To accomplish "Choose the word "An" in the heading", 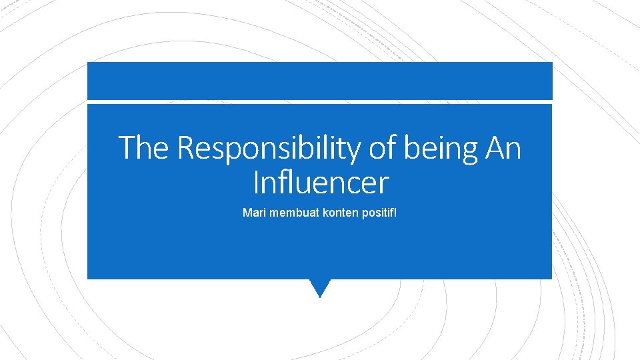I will pyautogui.click(x=503, y=148).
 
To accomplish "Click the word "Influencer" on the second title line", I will pyautogui.click(x=321, y=181).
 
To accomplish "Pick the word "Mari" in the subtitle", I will pyautogui.click(x=253, y=213).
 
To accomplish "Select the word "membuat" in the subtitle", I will pyautogui.click(x=288, y=213).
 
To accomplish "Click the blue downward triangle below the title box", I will pyautogui.click(x=320, y=287).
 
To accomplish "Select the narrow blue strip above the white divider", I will pyautogui.click(x=320, y=81).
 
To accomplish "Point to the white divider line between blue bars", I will pyautogui.click(x=320, y=102).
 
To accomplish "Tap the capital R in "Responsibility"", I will pyautogui.click(x=186, y=148).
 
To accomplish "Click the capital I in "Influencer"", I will pyautogui.click(x=257, y=181).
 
